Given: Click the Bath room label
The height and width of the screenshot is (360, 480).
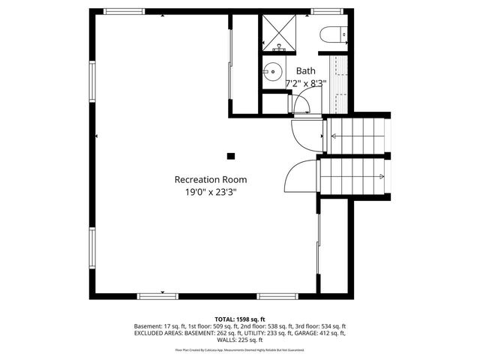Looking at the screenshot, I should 305,70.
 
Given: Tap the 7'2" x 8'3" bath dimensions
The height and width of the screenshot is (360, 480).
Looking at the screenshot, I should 305,82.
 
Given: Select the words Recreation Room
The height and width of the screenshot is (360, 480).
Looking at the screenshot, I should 210,179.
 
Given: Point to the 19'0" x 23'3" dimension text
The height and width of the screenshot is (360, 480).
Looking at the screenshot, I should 210,192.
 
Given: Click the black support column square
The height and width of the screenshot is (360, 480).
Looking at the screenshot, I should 231,156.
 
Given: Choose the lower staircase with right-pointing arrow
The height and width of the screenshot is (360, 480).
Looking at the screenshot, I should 354,178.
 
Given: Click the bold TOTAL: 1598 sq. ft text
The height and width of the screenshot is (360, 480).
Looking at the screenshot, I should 240,319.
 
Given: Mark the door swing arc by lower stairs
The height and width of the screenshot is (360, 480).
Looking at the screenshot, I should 300,177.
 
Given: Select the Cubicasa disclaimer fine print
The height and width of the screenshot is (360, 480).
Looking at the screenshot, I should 240,349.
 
